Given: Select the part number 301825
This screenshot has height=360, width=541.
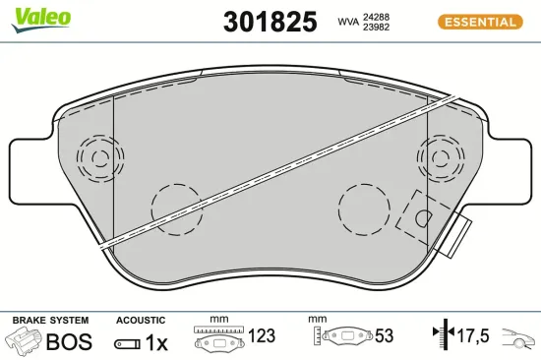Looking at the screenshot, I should coord(270,22).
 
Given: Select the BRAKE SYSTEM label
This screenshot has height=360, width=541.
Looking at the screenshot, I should coord(50,321).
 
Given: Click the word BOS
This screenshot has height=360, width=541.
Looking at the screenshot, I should coord(70,342).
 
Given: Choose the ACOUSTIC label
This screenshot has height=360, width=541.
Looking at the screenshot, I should coord(142,321).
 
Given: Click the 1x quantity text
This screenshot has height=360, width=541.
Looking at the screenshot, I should coord(157,342).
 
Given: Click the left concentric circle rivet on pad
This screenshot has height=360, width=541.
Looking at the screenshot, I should coord(97,156).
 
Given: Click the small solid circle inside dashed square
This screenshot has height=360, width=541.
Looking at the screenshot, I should coord(423,218).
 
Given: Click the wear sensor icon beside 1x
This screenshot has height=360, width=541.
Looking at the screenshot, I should coord(127,343).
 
